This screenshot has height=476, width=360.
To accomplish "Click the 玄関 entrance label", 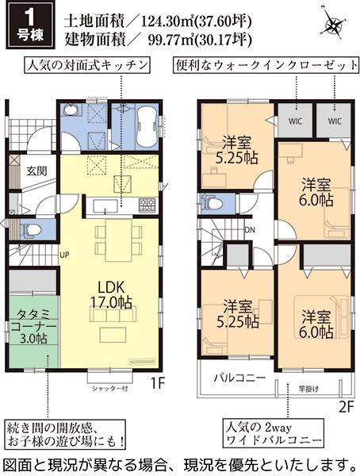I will pos(36,171).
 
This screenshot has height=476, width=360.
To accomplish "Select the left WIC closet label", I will pos(294,122).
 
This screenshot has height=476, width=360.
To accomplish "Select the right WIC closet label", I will pos(334,122).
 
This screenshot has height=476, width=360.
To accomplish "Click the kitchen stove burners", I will pos(147,205).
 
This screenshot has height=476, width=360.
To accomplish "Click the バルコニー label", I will pos(239,378).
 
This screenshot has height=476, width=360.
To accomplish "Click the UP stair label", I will pos(64,254).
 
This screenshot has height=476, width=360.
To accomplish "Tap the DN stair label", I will pos(249,229).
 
